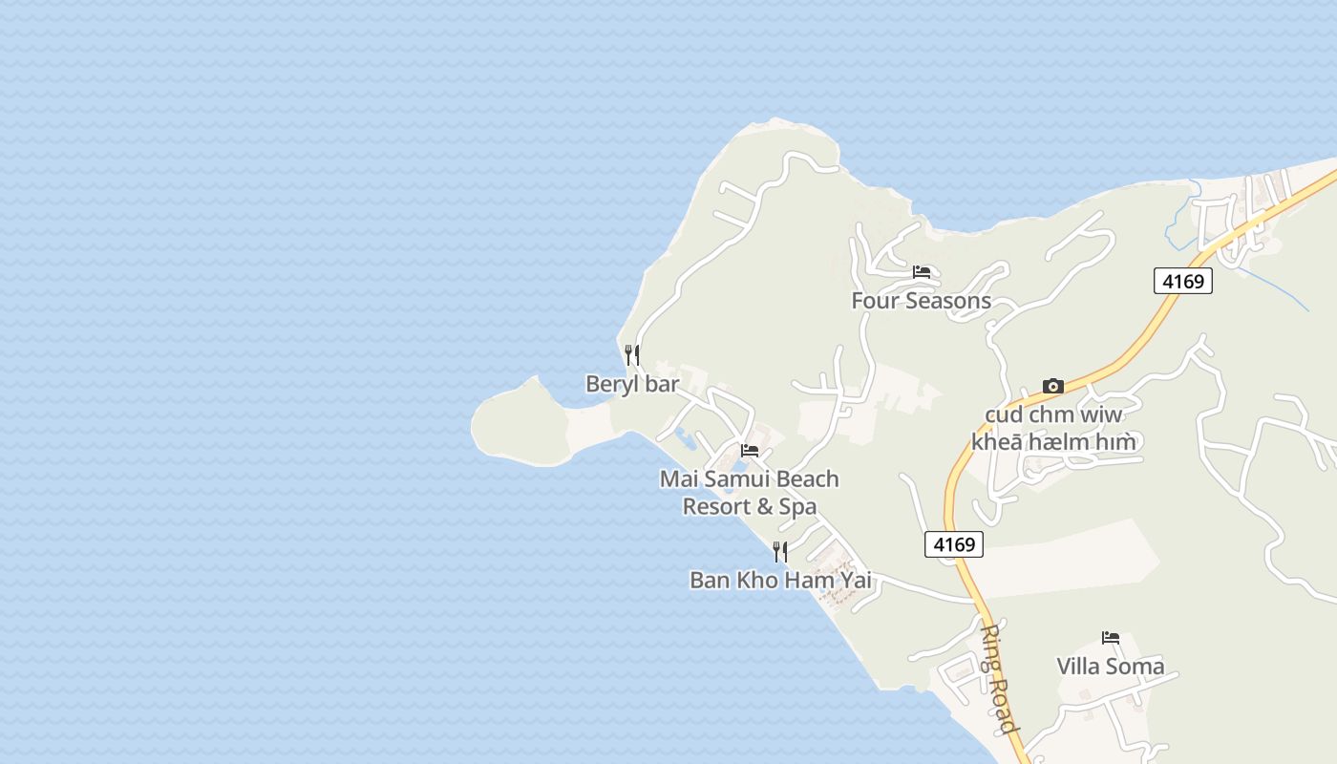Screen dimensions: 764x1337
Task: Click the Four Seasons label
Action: coord(921,301)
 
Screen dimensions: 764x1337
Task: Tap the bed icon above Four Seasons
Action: coord(922,272)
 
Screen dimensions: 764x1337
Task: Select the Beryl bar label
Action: coord(632,384)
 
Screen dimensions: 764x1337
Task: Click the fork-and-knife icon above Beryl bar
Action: coord(631,355)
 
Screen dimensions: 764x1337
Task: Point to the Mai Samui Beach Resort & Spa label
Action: coord(750,492)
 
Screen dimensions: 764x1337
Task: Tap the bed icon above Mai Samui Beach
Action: coord(750,451)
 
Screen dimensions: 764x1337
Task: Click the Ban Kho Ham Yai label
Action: coord(780,580)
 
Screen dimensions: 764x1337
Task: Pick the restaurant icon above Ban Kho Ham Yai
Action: coord(780,552)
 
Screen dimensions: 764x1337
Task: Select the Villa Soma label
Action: coord(1110,667)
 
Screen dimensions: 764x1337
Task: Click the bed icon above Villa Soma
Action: coord(1110,638)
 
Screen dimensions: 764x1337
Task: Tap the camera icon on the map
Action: coord(1053,387)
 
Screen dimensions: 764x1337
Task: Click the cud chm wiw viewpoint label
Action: coord(1053,428)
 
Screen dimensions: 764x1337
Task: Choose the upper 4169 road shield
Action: coord(1182,281)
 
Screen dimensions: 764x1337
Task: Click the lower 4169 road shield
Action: coord(954,544)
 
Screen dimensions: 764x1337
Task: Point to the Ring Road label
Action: coord(997,678)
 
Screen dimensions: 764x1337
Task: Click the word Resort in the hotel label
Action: coord(715,506)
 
